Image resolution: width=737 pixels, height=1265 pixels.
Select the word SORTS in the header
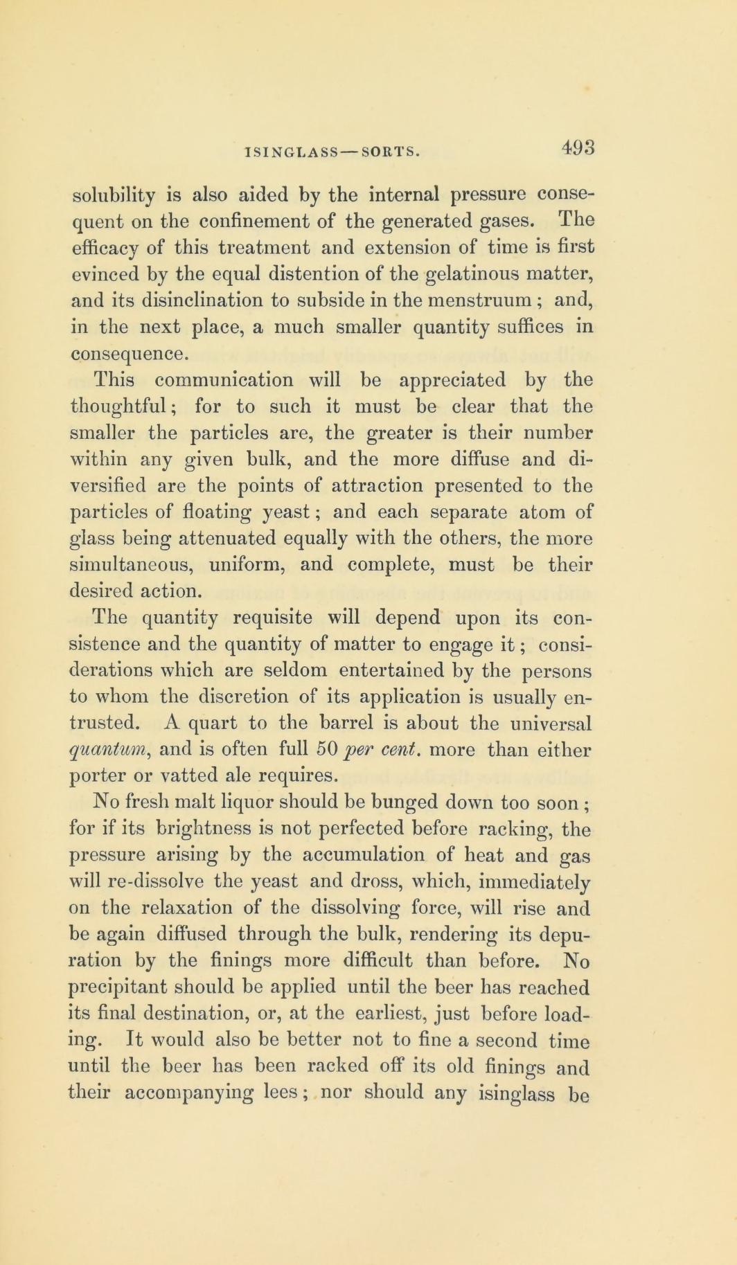click(x=391, y=152)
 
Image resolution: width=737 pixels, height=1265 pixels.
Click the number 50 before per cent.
click(x=326, y=748)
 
